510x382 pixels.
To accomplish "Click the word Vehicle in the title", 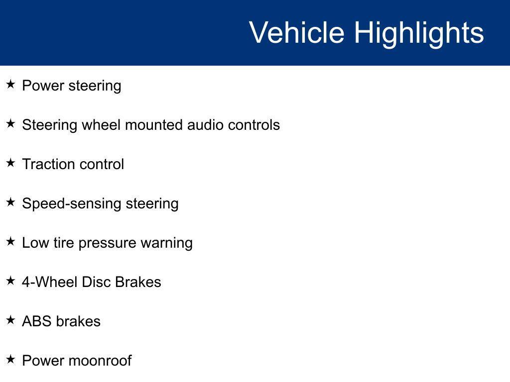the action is pos(297,32).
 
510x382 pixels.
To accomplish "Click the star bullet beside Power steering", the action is pos(10,84).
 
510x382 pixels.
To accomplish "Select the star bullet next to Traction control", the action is pos(10,163).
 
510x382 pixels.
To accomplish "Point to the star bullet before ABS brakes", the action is pos(10,320).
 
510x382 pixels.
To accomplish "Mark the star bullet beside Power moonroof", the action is pos(10,359).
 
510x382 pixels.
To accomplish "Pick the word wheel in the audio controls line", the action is pos(101,125).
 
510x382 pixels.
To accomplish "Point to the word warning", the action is pos(166,244).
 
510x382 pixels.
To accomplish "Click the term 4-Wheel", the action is pos(50,282).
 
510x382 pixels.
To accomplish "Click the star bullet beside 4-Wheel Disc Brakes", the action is pos(10,281).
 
